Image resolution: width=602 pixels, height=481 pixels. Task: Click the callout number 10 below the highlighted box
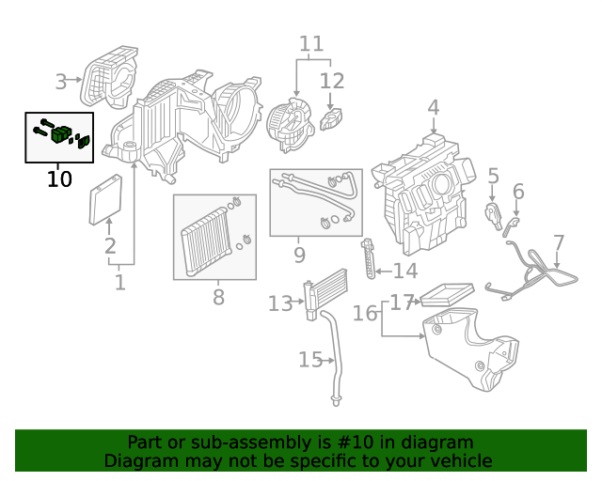(x=59, y=178)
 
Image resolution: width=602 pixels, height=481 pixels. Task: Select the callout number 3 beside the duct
(x=61, y=82)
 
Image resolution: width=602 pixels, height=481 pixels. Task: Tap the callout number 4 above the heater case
(x=433, y=108)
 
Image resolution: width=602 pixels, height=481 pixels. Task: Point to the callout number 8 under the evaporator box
(x=218, y=298)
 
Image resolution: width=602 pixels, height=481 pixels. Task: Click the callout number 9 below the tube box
(x=299, y=255)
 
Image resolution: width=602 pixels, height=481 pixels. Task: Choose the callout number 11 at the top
(x=311, y=44)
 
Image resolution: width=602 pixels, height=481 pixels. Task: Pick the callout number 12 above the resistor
(x=332, y=81)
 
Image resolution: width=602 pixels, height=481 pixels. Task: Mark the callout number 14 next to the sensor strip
(x=404, y=272)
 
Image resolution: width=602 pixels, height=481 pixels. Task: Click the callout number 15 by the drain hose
(x=310, y=360)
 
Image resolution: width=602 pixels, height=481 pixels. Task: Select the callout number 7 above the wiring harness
(x=559, y=244)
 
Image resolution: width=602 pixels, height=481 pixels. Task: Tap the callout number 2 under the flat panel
(x=110, y=247)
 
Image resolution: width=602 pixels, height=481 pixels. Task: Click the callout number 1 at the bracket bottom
(x=119, y=282)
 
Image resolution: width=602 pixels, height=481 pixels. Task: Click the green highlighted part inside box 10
(x=63, y=134)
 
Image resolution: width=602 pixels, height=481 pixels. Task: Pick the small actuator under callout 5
(x=492, y=213)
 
